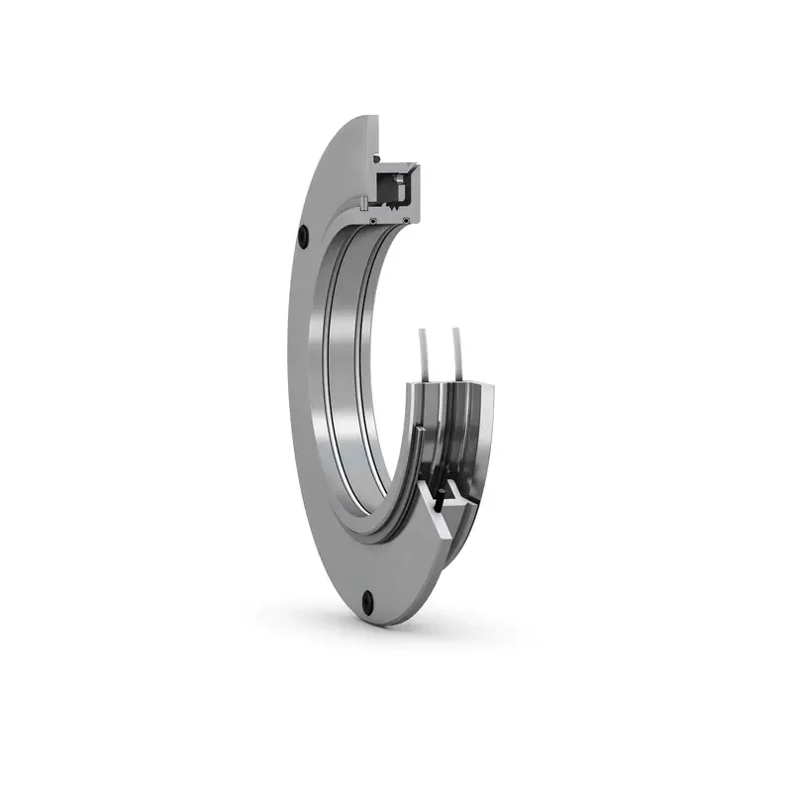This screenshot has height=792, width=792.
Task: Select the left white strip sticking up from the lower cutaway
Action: point(425,352)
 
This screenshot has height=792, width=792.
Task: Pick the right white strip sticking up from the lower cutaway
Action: point(458,351)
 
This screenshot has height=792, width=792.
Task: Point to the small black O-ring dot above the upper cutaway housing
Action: point(377,158)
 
